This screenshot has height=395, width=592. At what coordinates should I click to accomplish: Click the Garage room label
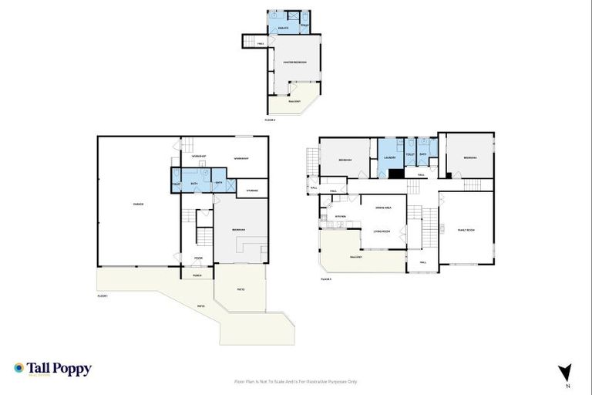[138, 204]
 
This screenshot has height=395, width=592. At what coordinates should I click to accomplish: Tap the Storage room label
[252, 190]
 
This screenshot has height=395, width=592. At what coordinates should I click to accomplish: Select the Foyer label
[198, 258]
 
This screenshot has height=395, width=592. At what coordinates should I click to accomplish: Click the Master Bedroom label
[294, 62]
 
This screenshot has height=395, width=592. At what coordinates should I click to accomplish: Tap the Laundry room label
[389, 159]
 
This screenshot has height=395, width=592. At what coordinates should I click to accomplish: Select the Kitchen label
[340, 216]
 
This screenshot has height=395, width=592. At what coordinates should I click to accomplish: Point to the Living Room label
[382, 231]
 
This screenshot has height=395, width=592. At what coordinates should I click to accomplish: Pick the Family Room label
[466, 230]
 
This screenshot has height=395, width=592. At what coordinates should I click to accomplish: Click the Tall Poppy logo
[52, 369]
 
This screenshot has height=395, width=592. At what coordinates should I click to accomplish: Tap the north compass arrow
[565, 372]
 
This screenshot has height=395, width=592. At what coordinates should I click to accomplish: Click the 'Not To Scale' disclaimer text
[295, 381]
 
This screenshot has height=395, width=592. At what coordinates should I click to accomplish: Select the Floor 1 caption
[103, 296]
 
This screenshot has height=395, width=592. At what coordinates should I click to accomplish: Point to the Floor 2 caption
[270, 120]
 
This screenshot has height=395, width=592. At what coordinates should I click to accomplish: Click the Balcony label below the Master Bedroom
[294, 100]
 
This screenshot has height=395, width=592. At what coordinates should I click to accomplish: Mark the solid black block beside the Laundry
[395, 174]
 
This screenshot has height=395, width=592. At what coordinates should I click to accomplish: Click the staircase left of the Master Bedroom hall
[251, 42]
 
